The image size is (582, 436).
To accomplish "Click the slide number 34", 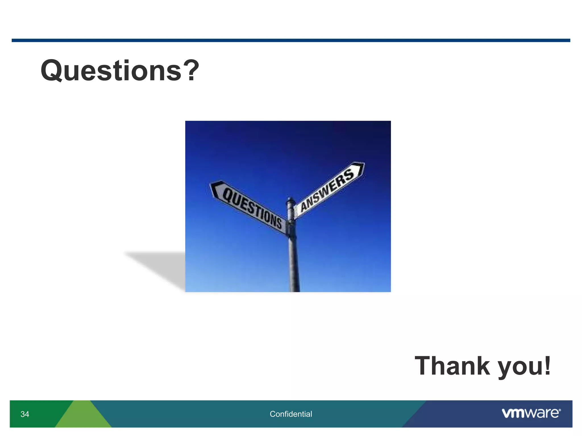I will pos(25,414).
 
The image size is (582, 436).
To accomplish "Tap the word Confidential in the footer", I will pos(291,414).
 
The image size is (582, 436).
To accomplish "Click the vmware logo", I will pos(531,413).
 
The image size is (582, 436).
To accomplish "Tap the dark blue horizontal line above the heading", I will pos(291,40).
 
